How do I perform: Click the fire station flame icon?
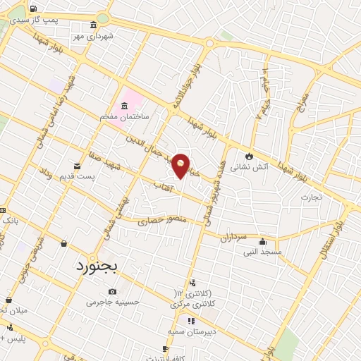[x=248, y=156]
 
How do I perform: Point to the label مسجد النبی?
[x=262, y=252]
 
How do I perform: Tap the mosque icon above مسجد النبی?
[x=263, y=241]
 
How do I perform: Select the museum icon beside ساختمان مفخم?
[x=126, y=106]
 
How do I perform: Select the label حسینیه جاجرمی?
[x=114, y=302]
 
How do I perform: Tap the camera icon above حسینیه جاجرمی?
[x=113, y=291]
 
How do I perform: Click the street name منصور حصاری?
[x=161, y=221]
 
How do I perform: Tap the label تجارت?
[x=311, y=197]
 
